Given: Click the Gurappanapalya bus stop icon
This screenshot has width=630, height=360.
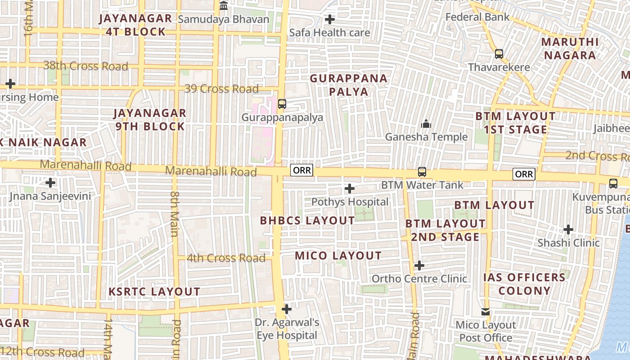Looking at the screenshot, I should coord(282,104).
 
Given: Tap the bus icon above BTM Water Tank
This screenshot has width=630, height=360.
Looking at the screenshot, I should coord(422,171).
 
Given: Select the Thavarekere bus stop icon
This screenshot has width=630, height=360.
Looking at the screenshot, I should coord(499,54).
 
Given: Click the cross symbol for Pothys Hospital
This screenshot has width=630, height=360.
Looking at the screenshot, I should coord(350,189).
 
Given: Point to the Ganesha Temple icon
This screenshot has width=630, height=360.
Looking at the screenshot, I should coord(426,123).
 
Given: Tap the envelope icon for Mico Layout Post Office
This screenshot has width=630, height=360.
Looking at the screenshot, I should coord(486,312).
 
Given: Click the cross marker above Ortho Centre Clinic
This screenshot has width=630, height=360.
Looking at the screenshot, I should coord(419,265).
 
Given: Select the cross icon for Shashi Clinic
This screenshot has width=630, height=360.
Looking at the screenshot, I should coord(568,229).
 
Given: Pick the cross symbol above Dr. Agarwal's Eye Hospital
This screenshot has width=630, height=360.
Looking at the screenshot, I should coord(287,309).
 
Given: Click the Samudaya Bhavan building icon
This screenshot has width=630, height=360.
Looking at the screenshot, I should coord(224,6).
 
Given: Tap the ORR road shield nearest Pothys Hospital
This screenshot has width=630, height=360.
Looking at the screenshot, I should coord(301,170).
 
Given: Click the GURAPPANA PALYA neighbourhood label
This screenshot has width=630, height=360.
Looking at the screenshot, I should coord(349,85).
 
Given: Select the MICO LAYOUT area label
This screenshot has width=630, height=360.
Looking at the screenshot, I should coord(338,256).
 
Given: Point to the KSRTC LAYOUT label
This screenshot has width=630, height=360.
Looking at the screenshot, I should coord(154,292).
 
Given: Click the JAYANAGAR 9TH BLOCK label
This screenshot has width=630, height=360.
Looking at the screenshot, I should coord(150,120).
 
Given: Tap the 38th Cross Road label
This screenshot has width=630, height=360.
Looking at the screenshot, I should coord(85,66).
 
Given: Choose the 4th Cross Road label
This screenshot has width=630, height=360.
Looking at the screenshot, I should coord(226,258).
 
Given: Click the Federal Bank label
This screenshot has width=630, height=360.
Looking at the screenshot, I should coord(477,17).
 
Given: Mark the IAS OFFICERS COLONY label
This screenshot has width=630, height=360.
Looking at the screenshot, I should coord(524,284).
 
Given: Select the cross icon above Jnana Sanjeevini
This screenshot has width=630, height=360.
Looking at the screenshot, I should coord(50,183).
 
